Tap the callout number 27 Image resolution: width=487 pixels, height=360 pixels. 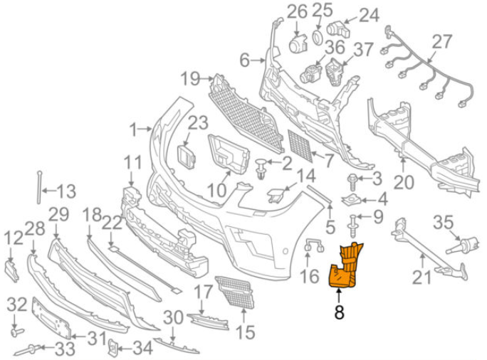tap(441, 41)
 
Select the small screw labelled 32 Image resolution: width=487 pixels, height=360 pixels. tap(15, 332)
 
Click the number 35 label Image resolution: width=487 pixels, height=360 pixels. tap(444, 223)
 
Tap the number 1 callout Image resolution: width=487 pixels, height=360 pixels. tap(132, 129)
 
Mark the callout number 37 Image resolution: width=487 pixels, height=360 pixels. tap(364, 49)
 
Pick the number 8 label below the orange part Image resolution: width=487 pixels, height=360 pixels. tap(339, 310)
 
